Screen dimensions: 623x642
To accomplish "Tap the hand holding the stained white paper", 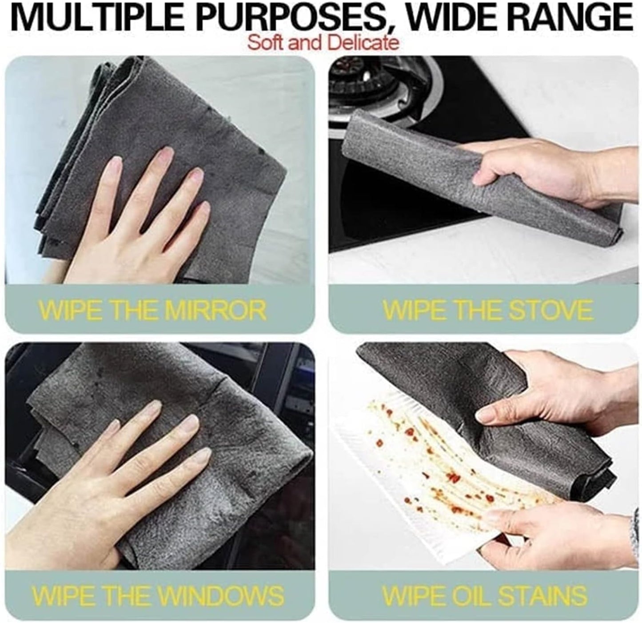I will click(546, 533).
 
